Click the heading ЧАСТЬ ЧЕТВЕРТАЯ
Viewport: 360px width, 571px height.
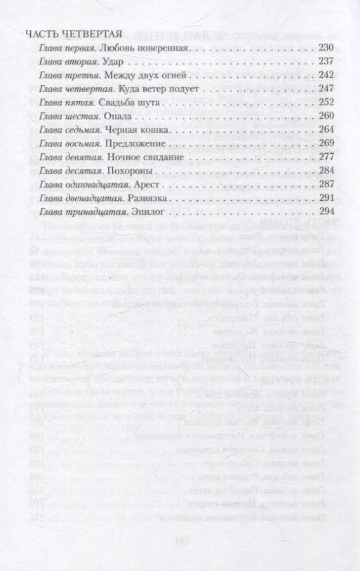pyautogui.click(x=74, y=34)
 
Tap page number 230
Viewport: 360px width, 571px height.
pyautogui.click(x=326, y=48)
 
